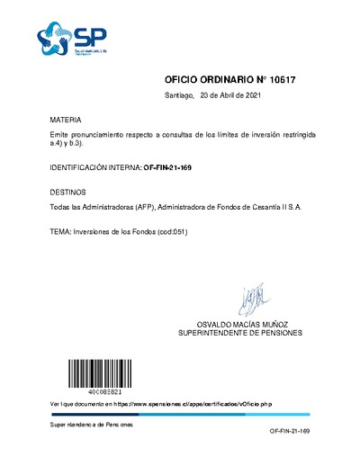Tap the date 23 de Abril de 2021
click(x=231, y=95)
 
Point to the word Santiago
click(x=179, y=95)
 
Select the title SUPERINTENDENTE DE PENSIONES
click(x=253, y=334)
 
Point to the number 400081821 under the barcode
click(x=87, y=391)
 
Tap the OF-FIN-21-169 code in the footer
click(x=289, y=433)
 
